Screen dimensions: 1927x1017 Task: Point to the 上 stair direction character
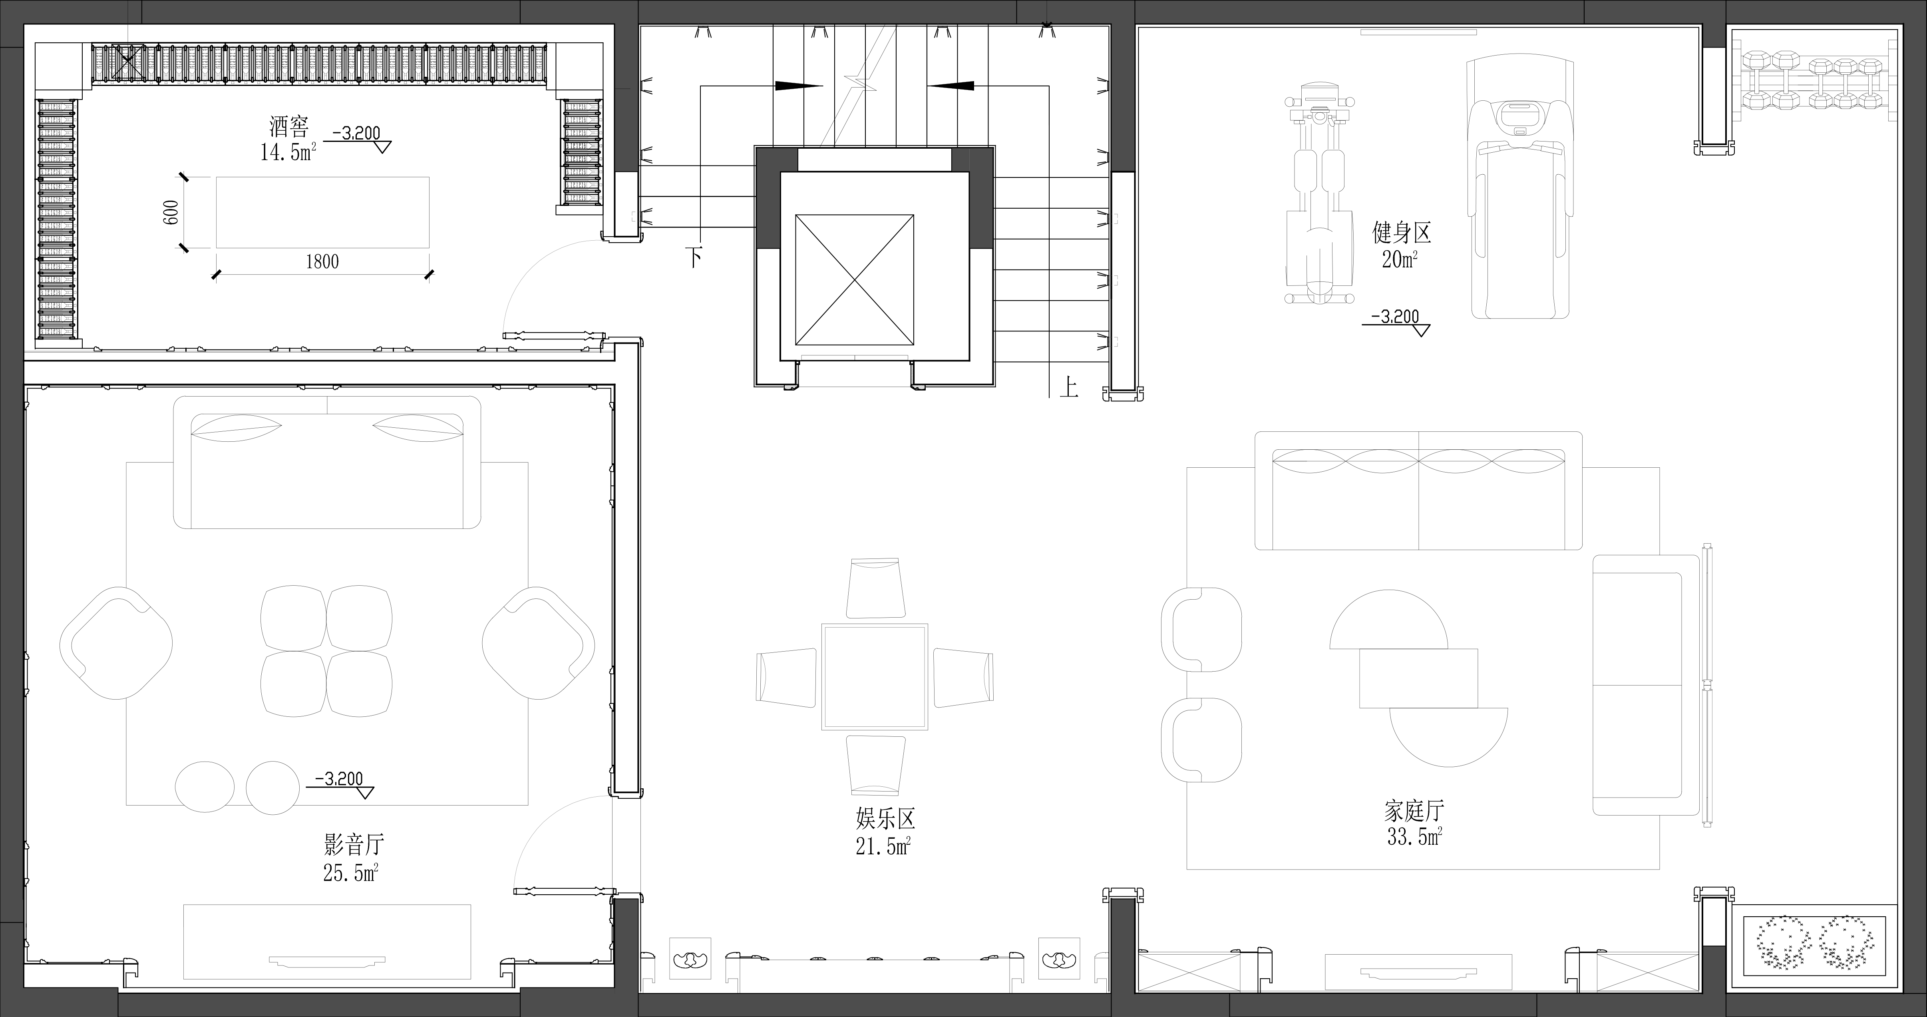pos(1069,387)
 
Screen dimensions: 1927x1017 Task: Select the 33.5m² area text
pos(1414,836)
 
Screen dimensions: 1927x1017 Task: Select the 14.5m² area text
pos(288,152)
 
